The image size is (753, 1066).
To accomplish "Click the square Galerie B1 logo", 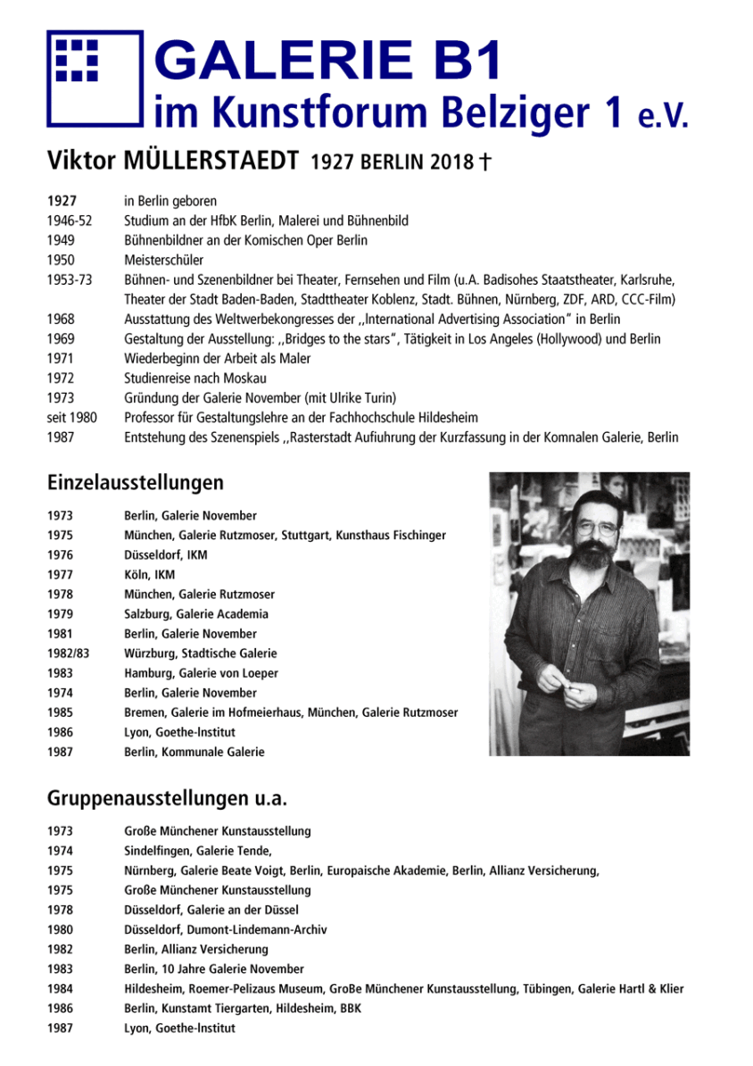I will coord(94,78).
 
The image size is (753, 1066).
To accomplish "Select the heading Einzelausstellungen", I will coord(135,483).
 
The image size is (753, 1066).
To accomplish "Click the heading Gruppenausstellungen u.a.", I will coord(167,797).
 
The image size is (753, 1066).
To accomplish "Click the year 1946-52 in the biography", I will coord(70,221).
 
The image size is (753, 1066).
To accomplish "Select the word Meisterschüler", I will coord(163,260).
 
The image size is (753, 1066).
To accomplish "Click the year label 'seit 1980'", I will coord(72,417).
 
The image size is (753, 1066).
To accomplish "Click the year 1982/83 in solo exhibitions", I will coord(68,654).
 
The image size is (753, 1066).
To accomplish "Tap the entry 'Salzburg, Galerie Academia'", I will coord(196,614).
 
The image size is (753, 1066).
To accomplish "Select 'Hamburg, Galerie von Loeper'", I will coord(201,673).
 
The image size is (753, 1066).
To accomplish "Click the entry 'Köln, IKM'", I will coord(149,575).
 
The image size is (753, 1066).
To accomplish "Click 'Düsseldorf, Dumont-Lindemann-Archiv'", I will coord(225,929).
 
